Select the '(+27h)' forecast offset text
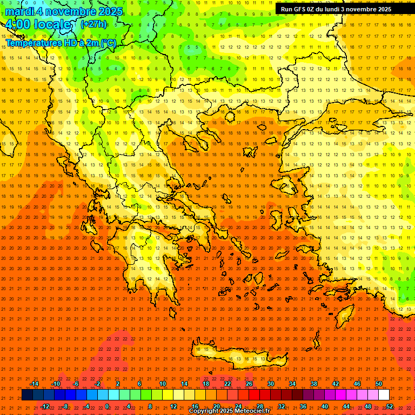[93, 24]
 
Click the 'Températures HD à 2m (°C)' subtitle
[61, 43]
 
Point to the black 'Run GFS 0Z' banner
[336, 9]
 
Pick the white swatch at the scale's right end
[384, 395]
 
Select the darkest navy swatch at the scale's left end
[27, 395]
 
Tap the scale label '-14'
[34, 384]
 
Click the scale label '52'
[390, 406]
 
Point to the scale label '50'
[379, 384]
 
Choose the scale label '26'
[249, 384]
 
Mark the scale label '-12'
[44, 406]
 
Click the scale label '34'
[292, 384]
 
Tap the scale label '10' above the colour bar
[163, 384]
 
